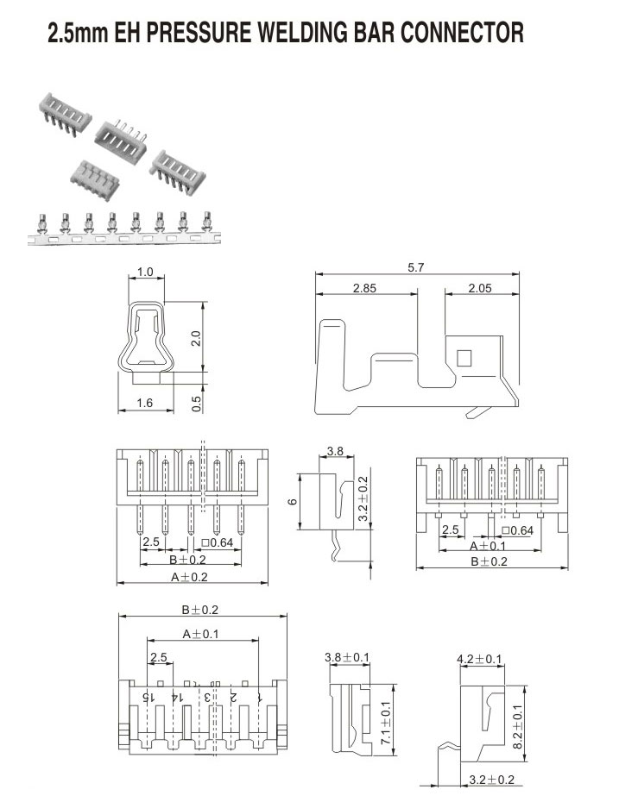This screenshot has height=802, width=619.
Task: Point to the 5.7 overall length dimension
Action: point(416,268)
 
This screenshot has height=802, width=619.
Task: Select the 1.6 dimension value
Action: point(146,403)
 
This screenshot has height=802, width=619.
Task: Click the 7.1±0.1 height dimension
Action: point(386,723)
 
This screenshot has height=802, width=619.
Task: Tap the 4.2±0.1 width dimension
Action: point(480,659)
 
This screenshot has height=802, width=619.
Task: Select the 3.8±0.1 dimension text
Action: point(346,658)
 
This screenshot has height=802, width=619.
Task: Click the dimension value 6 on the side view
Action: point(293,502)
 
